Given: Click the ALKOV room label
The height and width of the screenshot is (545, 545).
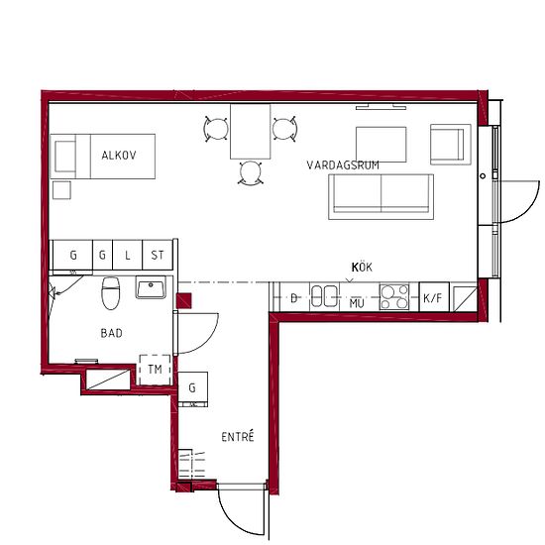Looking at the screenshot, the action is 119,155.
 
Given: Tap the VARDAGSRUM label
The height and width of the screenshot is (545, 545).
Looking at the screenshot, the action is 343,165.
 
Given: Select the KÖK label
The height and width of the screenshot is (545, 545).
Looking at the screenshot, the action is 362,268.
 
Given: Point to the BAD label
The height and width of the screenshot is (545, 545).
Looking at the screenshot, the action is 111,333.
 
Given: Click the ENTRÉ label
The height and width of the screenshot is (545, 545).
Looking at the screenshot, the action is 238,436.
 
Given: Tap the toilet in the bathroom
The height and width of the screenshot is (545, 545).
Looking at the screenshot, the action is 111,292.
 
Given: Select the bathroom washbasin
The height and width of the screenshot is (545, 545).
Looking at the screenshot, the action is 151,287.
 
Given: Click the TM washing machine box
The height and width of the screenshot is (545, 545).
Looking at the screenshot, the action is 155,370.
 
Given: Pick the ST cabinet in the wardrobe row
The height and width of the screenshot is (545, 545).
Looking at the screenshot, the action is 158,255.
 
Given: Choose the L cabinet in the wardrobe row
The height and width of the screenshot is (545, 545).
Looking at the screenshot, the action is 128,255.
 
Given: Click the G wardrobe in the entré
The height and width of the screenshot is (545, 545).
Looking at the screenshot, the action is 193,389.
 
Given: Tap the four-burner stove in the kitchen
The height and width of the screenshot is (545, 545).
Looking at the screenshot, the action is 394,297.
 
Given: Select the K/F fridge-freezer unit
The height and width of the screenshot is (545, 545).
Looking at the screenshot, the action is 434,297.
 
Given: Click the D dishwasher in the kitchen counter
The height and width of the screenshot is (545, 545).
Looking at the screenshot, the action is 294,297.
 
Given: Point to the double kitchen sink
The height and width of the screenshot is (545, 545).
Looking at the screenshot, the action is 324,296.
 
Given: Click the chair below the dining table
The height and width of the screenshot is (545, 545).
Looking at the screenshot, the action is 251,172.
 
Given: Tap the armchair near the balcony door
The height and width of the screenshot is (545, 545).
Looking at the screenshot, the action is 451,145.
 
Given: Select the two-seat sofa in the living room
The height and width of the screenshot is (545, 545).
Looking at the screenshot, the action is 381,197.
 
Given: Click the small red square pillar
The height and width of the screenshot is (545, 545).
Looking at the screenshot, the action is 184,301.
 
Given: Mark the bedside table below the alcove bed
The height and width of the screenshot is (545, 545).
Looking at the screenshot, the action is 61,190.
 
